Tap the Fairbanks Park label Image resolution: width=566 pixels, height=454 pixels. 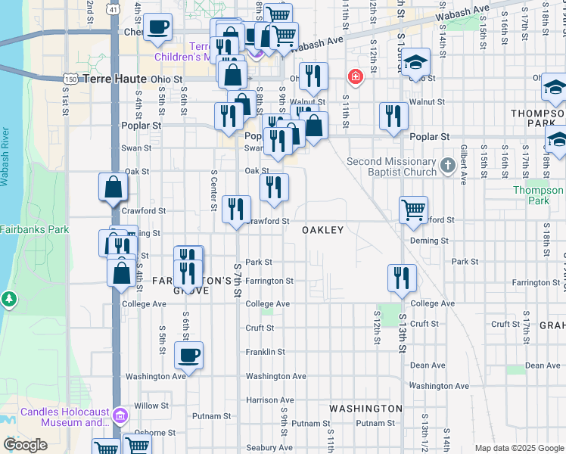[34, 229]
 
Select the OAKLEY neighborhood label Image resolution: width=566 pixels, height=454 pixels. [323, 230]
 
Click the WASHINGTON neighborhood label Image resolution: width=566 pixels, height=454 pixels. [365, 409]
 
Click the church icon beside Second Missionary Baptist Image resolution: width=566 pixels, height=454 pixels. [448, 165]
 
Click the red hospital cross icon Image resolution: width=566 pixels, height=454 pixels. [353, 76]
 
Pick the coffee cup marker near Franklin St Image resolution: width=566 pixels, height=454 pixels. [188, 354]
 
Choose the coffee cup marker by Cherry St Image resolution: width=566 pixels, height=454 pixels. [157, 27]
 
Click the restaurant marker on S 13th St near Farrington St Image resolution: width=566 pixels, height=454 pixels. [401, 278]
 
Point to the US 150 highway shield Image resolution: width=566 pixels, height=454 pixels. [70, 78]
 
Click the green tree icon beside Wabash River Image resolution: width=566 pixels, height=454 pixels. [9, 299]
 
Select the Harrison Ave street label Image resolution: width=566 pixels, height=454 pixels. [269, 400]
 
